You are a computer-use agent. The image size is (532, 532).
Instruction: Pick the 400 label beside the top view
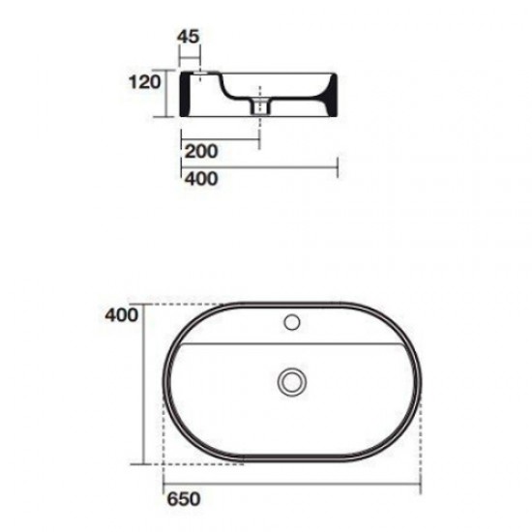click(x=123, y=314)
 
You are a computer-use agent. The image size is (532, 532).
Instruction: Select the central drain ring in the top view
click(x=289, y=382)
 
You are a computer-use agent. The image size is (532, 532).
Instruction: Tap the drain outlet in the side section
click(x=258, y=105)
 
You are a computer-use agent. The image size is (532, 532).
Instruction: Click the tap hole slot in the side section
click(x=199, y=76)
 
